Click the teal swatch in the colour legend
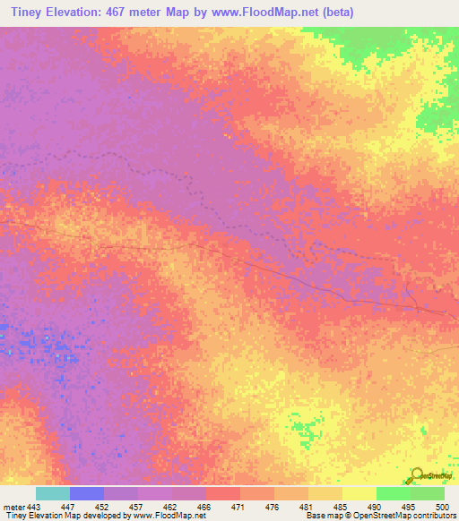(53, 493)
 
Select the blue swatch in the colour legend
(87, 493)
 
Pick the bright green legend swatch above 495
(393, 493)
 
